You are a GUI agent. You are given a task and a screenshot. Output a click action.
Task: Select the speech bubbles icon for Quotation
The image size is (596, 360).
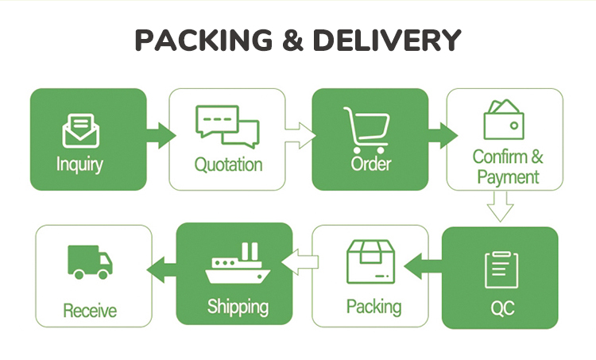pyautogui.click(x=227, y=126)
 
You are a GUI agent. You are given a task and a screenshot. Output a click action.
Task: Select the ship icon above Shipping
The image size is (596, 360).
pyautogui.click(x=234, y=265)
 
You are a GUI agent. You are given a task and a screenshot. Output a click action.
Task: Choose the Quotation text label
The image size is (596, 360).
pyautogui.click(x=228, y=165)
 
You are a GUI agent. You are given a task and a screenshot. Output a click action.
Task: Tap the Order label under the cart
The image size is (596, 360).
pyautogui.click(x=370, y=165)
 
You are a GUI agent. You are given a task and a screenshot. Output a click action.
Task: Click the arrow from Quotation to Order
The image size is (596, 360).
pyautogui.click(x=300, y=135)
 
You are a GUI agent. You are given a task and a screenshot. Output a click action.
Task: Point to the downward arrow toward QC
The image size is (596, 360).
pyautogui.click(x=500, y=208)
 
